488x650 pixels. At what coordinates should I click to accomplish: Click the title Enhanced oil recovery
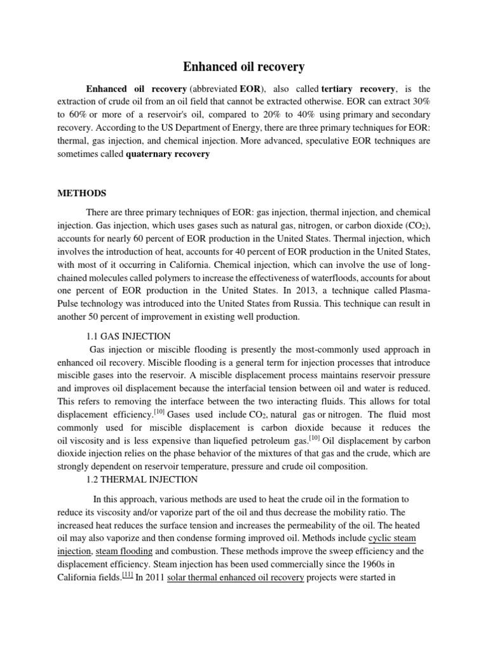243,66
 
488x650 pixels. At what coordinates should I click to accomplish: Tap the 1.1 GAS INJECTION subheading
128,336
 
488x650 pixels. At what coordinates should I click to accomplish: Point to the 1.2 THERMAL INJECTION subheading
142,479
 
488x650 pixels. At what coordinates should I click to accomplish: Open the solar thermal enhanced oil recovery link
235,578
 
